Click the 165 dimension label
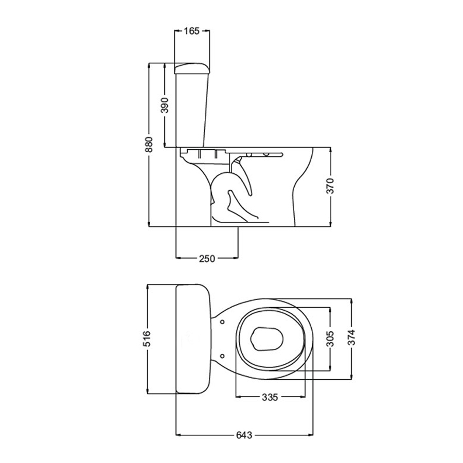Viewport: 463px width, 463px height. point(192,31)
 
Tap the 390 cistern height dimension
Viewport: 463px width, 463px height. point(165,105)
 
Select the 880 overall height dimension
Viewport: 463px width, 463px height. point(149,145)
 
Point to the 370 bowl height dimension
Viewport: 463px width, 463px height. point(330,186)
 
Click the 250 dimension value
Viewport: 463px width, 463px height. point(207,259)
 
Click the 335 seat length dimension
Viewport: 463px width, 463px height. point(270,397)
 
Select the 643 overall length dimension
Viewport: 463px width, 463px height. point(244,435)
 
